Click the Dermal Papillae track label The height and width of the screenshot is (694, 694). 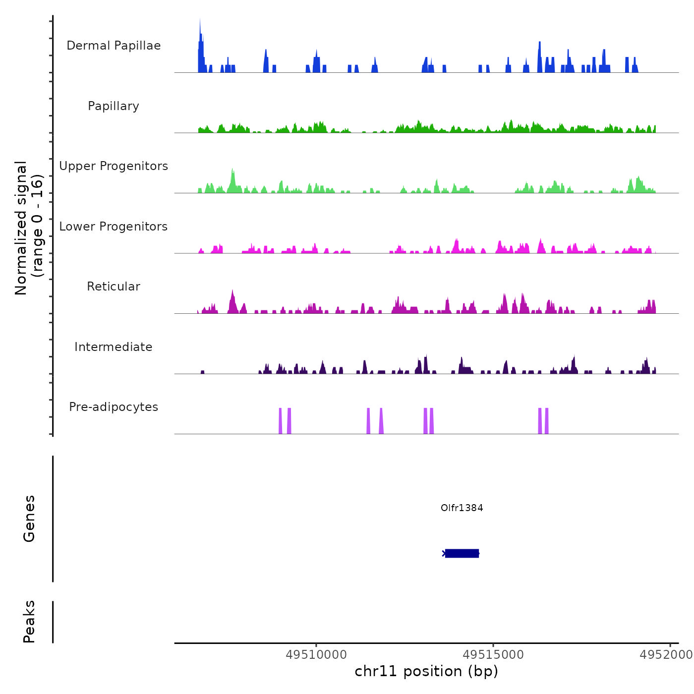[x=114, y=46]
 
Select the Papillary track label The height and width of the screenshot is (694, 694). [x=114, y=106]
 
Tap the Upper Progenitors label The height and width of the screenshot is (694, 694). [x=114, y=166]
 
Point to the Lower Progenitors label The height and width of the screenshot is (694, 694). [x=114, y=227]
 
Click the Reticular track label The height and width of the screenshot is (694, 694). [x=114, y=287]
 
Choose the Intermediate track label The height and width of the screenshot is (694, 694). [x=114, y=347]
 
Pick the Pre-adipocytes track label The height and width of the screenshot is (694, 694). [x=114, y=407]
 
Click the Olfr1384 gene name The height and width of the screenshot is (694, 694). [x=462, y=508]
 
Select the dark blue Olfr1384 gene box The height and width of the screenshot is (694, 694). [x=462, y=553]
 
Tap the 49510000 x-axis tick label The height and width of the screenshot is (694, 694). [x=316, y=655]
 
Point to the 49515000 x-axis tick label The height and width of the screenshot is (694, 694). [x=493, y=655]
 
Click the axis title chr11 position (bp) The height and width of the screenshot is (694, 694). [x=426, y=671]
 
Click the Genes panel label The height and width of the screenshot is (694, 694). [x=29, y=519]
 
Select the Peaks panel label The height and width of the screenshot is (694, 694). [x=29, y=622]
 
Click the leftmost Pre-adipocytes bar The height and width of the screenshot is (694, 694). [x=280, y=421]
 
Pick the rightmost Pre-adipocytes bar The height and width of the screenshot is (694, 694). [x=547, y=421]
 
